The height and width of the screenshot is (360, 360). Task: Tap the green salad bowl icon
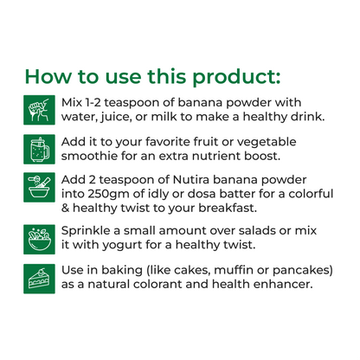point(37,237)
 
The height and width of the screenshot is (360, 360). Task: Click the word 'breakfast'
point(223,209)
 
